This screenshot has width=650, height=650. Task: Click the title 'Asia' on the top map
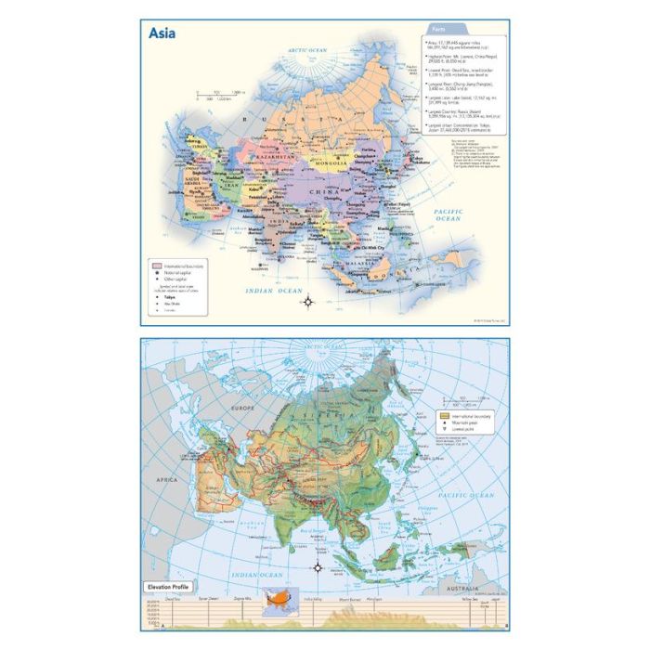163,33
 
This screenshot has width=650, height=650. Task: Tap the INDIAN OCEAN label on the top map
274,292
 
